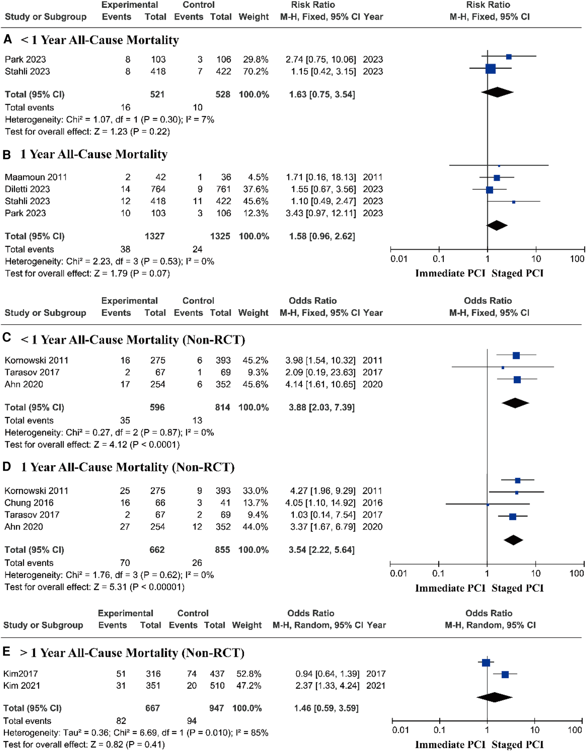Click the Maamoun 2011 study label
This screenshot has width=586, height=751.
pyautogui.click(x=36, y=177)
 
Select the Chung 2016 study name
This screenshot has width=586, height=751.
pyautogui.click(x=29, y=503)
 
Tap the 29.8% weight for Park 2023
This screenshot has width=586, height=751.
pyautogui.click(x=256, y=59)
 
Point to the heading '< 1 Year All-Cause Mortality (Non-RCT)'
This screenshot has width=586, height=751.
pyautogui.click(x=133, y=340)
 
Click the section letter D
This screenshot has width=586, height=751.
pyautogui.click(x=7, y=467)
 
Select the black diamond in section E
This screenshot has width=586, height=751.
pyautogui.click(x=494, y=697)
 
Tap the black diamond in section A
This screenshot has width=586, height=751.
pyautogui.click(x=497, y=92)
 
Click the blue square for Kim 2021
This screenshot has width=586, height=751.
pyautogui.click(x=505, y=675)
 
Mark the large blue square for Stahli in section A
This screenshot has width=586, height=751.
pyautogui.click(x=490, y=69)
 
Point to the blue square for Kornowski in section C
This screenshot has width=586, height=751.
pyautogui.click(x=516, y=356)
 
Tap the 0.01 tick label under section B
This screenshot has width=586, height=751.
pyautogui.click(x=399, y=259)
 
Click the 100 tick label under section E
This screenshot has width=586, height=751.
pyautogui.click(x=575, y=730)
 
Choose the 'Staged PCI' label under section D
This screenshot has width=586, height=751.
pyautogui.click(x=517, y=588)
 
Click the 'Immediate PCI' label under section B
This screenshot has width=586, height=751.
pyautogui.click(x=450, y=273)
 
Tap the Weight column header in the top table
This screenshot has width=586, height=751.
pyautogui.click(x=254, y=17)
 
